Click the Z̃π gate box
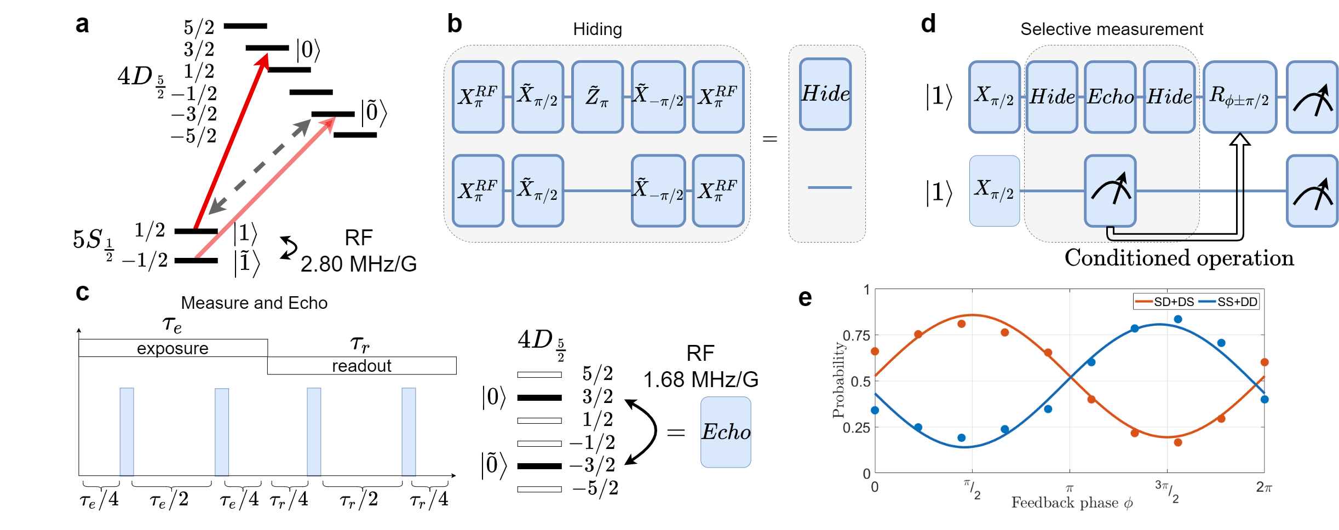click(x=597, y=97)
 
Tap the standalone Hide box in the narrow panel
click(x=825, y=94)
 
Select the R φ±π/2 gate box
click(x=1239, y=97)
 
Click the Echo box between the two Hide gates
click(x=1110, y=97)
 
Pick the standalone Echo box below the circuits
click(x=726, y=432)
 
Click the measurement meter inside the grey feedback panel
click(x=1110, y=191)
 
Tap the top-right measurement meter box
click(x=1312, y=97)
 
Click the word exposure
click(x=173, y=348)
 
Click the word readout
click(x=361, y=366)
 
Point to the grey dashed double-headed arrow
click(x=260, y=167)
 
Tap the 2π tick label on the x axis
click(x=1264, y=487)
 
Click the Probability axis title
click(x=838, y=381)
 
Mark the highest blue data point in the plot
click(x=1178, y=319)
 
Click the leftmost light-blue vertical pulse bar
click(x=127, y=432)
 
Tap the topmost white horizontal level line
click(x=539, y=375)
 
